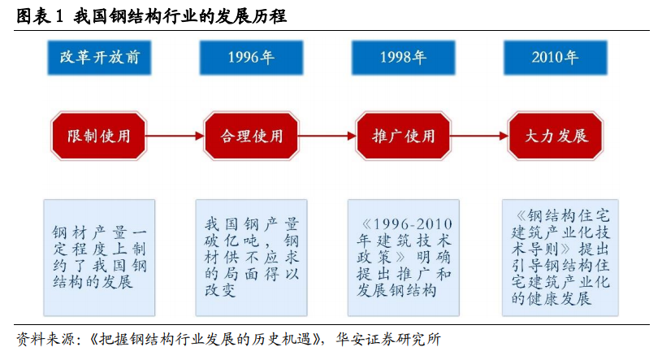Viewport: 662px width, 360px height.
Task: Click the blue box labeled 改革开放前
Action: click(x=99, y=58)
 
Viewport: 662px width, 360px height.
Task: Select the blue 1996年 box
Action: click(x=251, y=58)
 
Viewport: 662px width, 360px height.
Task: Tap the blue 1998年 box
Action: click(x=403, y=58)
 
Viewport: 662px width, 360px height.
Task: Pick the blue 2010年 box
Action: click(x=555, y=58)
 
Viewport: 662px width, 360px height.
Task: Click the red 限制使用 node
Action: click(x=99, y=136)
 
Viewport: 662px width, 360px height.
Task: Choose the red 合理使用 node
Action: click(x=251, y=136)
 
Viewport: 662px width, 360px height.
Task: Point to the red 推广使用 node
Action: click(x=403, y=136)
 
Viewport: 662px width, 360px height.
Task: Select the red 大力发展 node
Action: click(x=556, y=136)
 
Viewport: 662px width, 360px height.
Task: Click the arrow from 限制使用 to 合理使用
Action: click(x=175, y=136)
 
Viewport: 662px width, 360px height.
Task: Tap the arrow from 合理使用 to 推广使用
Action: click(x=327, y=136)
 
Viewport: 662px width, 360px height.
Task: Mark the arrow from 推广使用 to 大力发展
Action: click(x=479, y=136)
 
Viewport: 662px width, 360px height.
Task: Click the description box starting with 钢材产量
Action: click(x=99, y=258)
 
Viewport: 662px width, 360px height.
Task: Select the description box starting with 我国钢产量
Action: click(x=251, y=258)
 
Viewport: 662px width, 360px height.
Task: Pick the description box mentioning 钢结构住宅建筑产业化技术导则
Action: click(x=560, y=258)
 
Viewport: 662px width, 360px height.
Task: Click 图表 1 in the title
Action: click(x=39, y=16)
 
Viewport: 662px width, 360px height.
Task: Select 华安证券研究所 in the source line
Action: click(x=388, y=340)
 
